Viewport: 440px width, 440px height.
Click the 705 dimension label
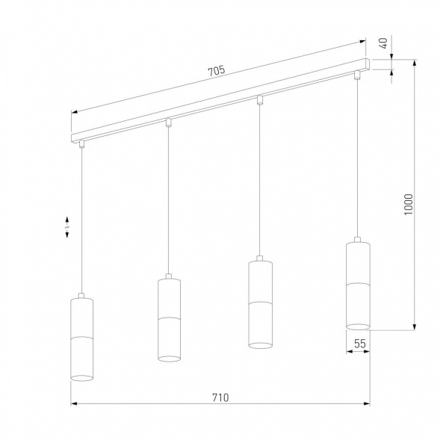216,71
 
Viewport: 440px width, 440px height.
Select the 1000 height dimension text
408,204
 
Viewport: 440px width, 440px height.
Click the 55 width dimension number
359,344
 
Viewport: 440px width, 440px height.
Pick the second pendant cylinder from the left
170,319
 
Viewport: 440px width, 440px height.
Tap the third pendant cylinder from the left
259,303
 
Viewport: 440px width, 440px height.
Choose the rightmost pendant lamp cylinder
359,285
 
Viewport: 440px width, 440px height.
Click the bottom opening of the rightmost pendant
359,326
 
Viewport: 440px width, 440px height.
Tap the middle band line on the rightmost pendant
359,285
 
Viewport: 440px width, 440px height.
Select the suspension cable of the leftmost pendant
81,224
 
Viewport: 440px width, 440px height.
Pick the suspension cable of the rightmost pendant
358,157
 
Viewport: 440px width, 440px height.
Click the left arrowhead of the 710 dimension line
74,405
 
